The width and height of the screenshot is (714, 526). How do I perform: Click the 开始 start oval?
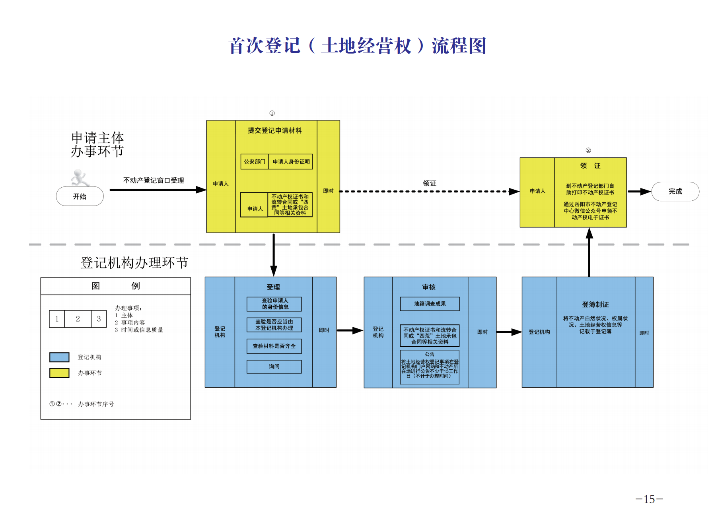(x=80, y=196)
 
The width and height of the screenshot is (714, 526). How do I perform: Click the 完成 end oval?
(x=675, y=191)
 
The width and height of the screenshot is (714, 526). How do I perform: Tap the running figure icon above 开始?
(x=79, y=178)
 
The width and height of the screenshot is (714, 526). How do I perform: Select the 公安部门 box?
(x=255, y=161)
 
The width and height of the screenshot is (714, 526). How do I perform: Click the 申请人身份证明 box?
(x=291, y=161)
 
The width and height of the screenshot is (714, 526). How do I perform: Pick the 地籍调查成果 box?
(x=430, y=304)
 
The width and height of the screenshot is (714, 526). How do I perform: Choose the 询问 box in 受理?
(x=274, y=367)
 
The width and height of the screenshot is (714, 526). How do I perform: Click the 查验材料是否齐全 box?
(x=274, y=346)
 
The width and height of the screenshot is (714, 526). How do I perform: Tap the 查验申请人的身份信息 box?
(x=274, y=304)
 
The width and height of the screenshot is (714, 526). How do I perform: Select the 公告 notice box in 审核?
(x=430, y=367)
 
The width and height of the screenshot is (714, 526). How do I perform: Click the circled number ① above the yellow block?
(x=272, y=113)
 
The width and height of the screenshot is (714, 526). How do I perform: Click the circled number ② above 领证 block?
(x=588, y=150)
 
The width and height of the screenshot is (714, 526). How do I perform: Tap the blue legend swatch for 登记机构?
(x=59, y=357)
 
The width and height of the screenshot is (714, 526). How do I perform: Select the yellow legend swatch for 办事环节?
(x=59, y=373)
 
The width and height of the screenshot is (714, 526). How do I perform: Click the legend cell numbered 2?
(x=78, y=319)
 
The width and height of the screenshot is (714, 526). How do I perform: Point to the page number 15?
(x=649, y=499)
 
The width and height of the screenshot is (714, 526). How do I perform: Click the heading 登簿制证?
(x=595, y=305)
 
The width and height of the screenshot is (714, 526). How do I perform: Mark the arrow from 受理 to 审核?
(x=350, y=330)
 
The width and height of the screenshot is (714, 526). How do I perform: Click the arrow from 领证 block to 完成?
(x=639, y=192)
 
